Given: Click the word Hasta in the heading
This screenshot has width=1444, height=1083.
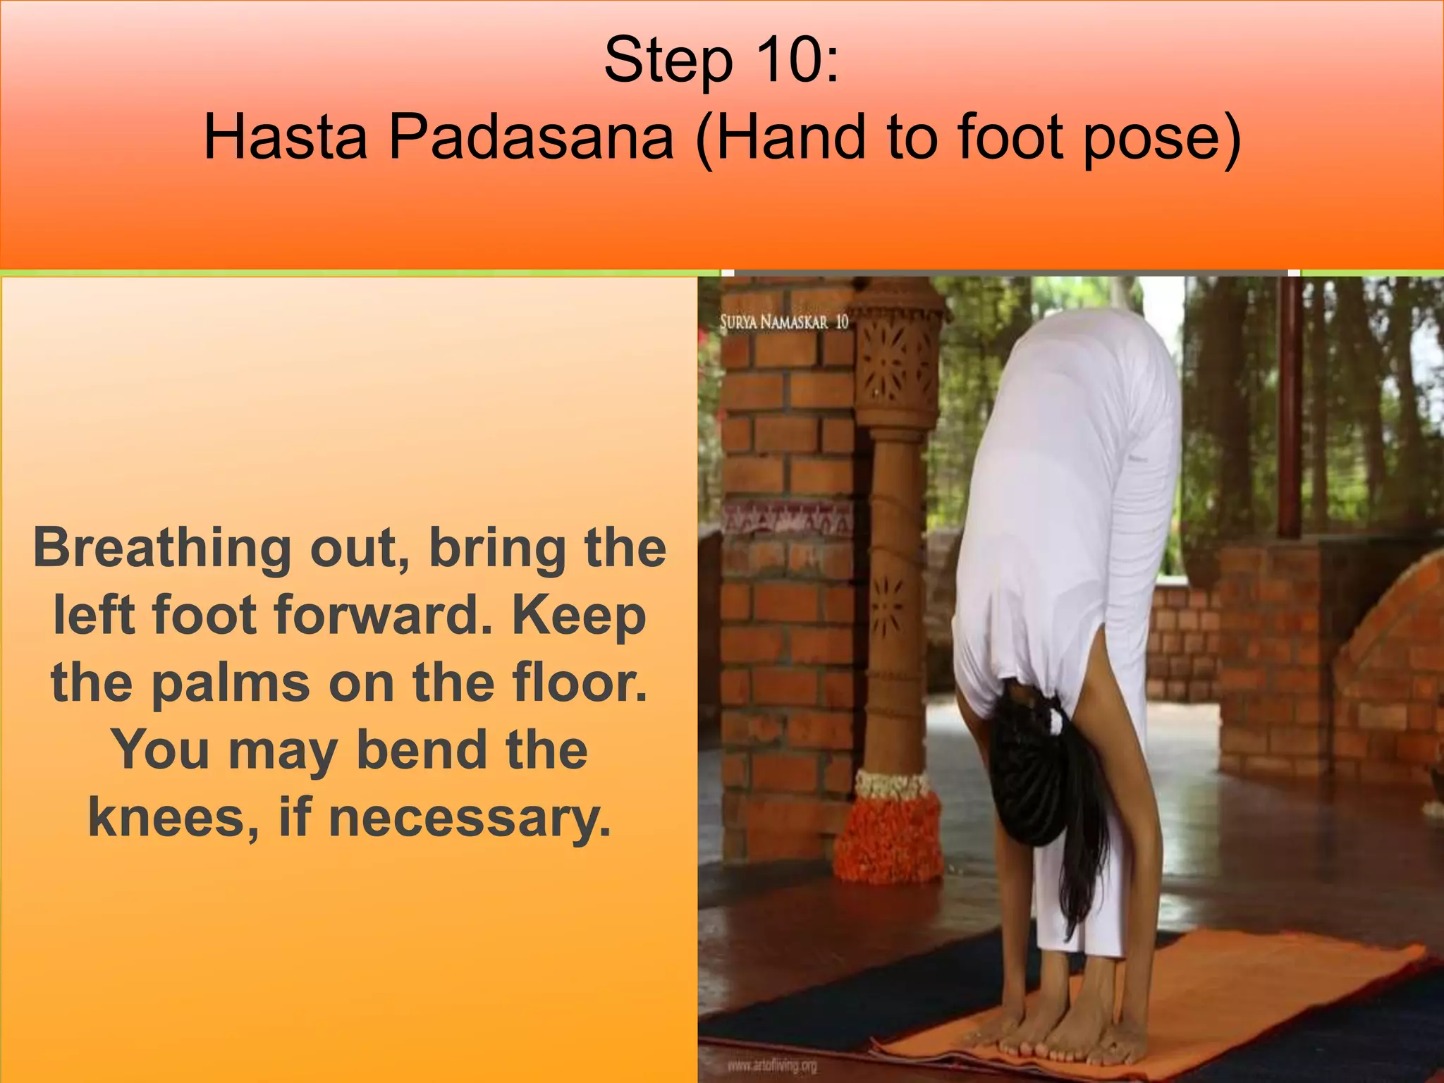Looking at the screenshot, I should point(286,137).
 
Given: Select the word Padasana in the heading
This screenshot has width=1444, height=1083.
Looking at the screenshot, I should point(530,137).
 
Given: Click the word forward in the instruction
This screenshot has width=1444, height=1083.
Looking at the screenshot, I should point(381,615).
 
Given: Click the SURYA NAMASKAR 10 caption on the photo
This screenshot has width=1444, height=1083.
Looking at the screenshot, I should point(783,323).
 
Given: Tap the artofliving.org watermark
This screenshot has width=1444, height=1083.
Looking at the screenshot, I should point(772,1065).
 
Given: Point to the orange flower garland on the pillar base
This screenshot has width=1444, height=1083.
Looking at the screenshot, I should point(891,839).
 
